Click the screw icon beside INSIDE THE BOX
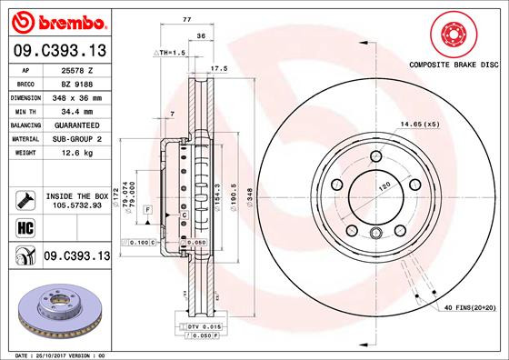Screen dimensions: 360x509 pos(23,199)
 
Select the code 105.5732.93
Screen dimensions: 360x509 pos(75,205)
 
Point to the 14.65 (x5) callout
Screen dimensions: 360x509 pos(420,124)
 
